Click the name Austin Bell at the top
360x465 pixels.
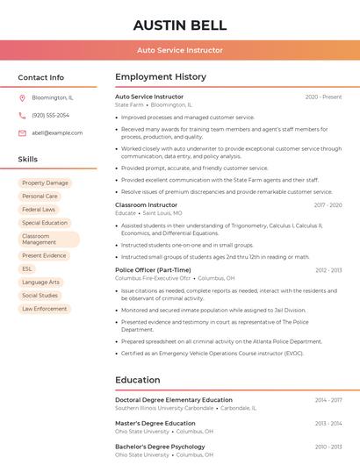tap(179, 25)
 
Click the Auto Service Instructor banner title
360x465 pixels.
tap(179, 50)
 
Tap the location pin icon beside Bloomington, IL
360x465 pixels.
tap(22, 97)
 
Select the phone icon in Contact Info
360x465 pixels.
tap(22, 115)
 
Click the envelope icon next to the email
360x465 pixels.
tap(22, 132)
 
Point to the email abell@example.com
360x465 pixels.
tap(57, 132)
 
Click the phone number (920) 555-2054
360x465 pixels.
tap(50, 115)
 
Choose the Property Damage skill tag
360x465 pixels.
tap(45, 182)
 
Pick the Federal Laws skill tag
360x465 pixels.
tap(39, 210)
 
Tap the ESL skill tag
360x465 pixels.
tap(27, 268)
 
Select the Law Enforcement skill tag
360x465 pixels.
tap(45, 309)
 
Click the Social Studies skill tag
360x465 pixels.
tap(40, 296)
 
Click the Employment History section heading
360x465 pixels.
tap(161, 77)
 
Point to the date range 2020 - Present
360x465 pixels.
tap(323, 97)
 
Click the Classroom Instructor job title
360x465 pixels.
tap(146, 204)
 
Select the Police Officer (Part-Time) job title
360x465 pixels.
tap(153, 270)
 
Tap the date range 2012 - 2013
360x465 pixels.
tap(328, 270)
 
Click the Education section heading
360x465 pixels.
tap(139, 380)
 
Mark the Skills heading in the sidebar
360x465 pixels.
tap(28, 159)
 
